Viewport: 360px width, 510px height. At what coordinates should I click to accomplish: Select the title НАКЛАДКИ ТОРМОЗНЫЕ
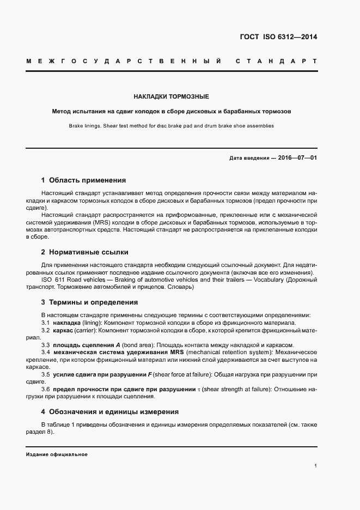(x=172, y=96)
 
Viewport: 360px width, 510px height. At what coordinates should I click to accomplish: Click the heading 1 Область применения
(x=83, y=180)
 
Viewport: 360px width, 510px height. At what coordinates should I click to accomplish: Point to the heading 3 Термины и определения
(x=89, y=302)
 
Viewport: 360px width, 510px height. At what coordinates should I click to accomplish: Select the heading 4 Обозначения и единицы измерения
(x=109, y=412)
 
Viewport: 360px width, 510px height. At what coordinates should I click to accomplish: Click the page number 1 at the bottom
(x=315, y=466)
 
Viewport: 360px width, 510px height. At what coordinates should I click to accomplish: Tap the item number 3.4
(x=46, y=353)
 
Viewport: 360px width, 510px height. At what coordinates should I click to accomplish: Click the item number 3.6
(x=46, y=389)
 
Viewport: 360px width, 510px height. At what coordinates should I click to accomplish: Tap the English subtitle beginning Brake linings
(x=172, y=126)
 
